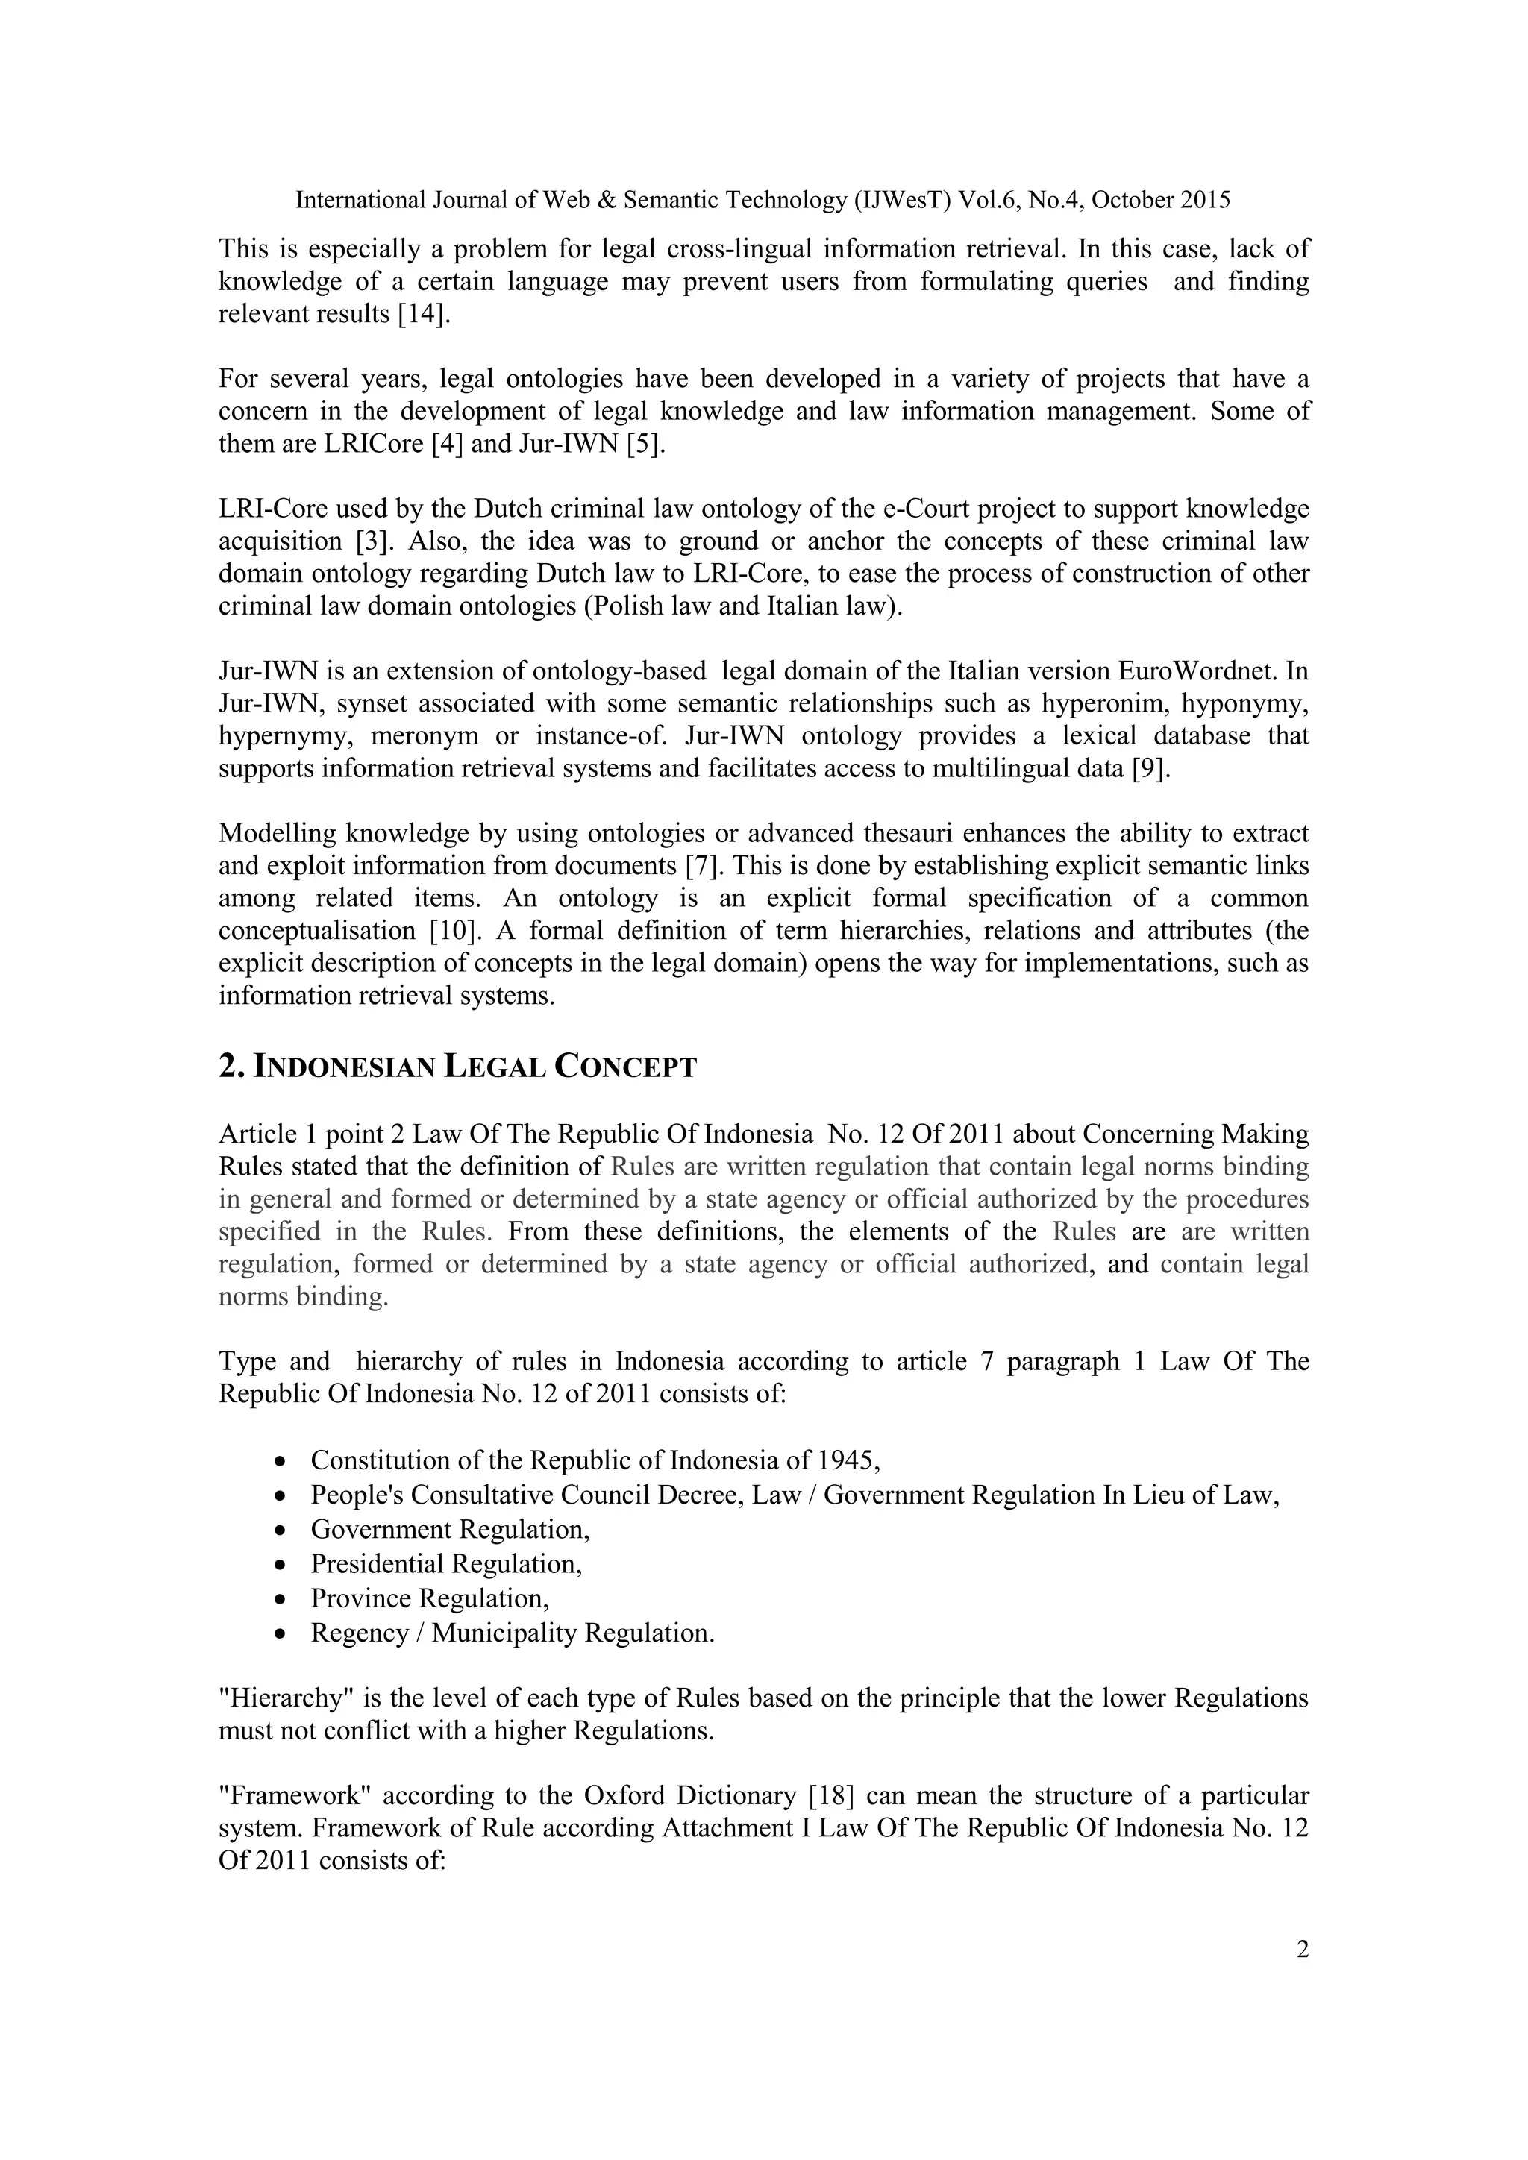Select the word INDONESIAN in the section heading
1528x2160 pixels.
coord(345,1068)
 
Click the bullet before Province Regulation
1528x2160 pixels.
coord(280,1599)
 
